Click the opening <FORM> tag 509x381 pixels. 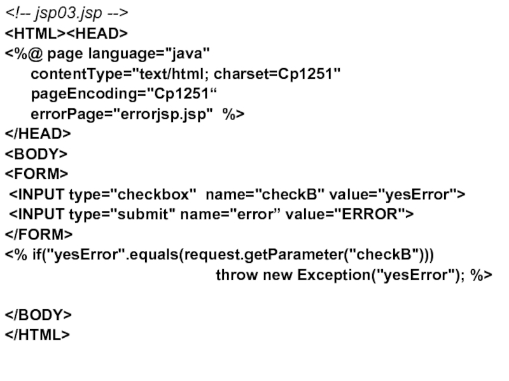tap(37, 173)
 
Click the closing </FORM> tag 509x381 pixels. tap(39, 234)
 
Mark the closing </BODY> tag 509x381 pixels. tap(39, 315)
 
